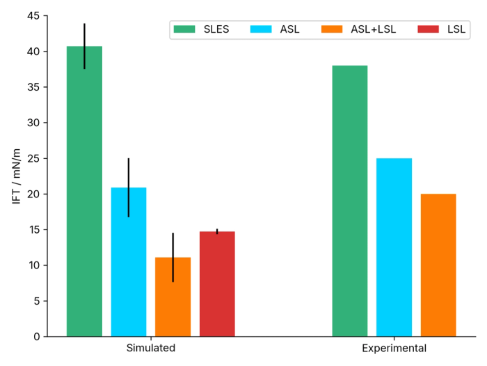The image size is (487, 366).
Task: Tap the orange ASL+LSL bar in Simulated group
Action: coord(173,297)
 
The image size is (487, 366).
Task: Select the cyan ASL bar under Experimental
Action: coord(394,247)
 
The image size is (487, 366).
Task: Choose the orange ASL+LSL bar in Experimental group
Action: coord(438,265)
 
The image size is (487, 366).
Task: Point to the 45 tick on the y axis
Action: coord(32,16)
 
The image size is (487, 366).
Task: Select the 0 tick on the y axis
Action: coord(35,337)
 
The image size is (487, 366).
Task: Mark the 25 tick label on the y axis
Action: coord(32,158)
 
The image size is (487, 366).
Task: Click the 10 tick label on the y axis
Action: coord(32,266)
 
